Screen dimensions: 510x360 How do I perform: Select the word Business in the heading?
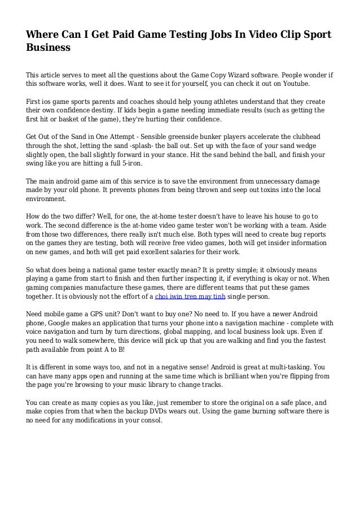pyautogui.click(x=48, y=48)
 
